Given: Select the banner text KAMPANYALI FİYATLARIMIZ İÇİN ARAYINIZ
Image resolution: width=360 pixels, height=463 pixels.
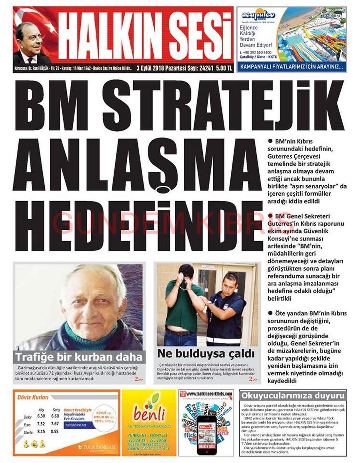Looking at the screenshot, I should point(291,67).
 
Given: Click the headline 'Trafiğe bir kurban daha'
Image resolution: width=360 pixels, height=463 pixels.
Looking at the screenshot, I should point(79,357).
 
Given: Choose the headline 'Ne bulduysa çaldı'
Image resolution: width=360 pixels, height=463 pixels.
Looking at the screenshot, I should point(206,354).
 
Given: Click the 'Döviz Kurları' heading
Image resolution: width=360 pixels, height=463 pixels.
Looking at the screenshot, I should point(33,397).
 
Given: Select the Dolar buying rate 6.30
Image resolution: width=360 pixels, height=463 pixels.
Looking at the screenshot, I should point(41,416).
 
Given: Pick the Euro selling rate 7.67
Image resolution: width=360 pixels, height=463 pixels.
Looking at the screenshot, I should point(55,423).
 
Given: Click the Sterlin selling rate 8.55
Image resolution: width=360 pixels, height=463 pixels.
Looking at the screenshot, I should point(55,431).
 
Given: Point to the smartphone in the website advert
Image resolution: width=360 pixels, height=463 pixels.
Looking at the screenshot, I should point(206,434).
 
